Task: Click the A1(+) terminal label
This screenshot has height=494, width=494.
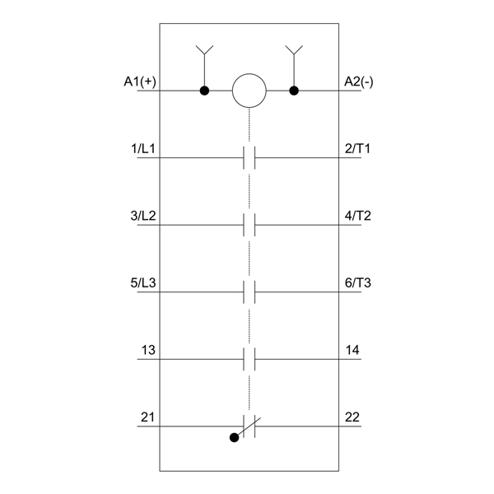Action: (x=140, y=82)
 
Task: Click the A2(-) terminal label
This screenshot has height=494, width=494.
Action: (x=358, y=82)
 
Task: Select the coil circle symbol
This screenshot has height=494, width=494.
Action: (x=249, y=91)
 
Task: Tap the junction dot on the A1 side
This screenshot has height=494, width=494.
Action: (x=204, y=91)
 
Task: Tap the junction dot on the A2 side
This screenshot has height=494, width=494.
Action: (x=294, y=91)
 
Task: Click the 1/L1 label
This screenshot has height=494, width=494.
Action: (x=143, y=149)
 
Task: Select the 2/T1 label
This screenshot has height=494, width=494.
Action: (x=357, y=149)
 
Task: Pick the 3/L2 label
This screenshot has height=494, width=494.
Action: (x=143, y=216)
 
